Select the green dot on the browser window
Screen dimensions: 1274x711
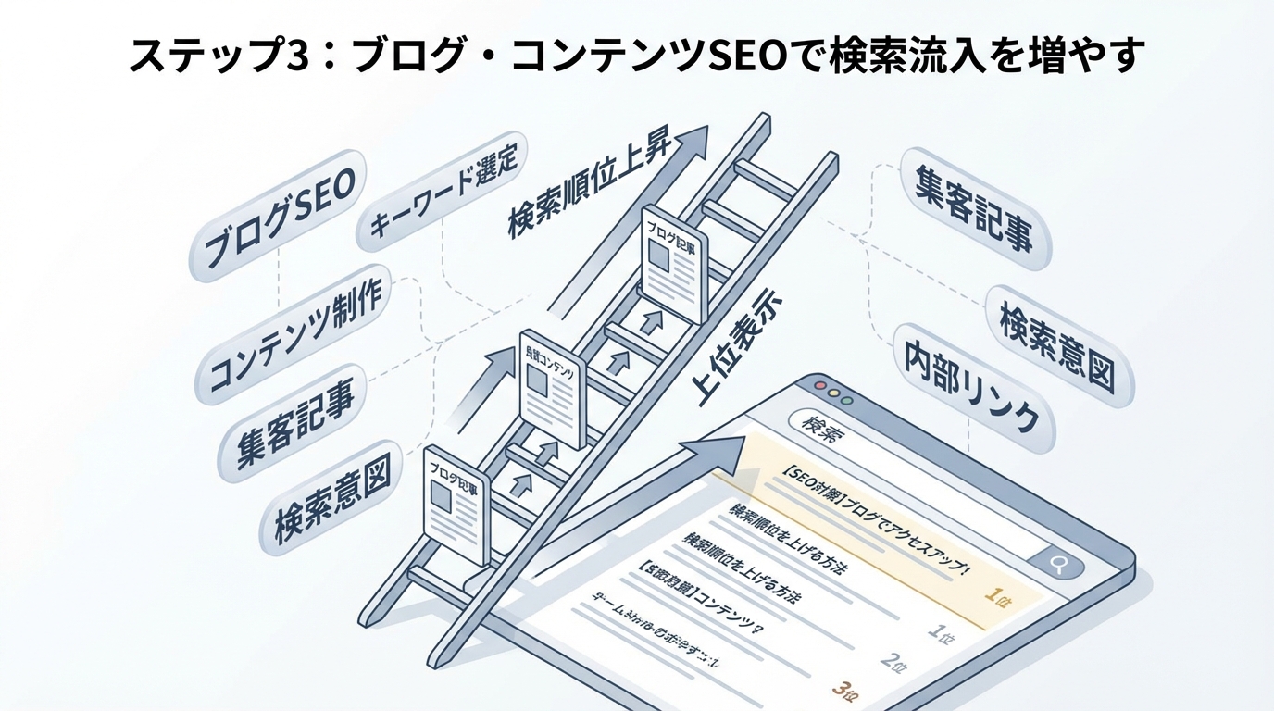pos(845,401)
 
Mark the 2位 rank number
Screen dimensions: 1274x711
pos(892,661)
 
